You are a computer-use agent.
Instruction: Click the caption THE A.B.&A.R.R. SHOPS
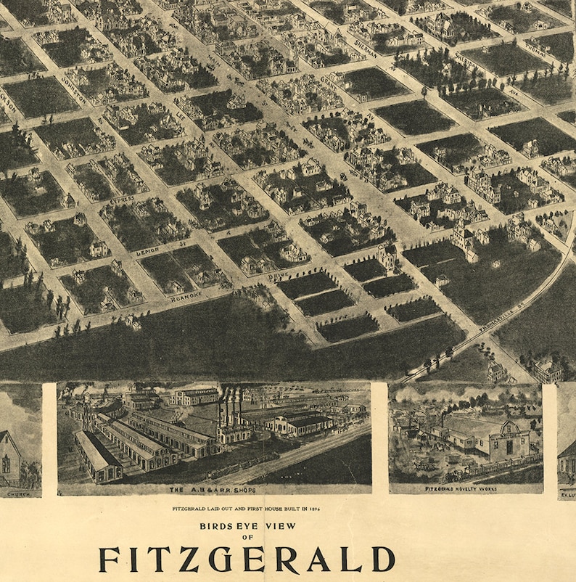(215, 490)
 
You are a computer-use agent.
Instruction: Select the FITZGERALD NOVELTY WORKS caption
(464, 488)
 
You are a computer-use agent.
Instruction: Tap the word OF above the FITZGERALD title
(248, 538)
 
